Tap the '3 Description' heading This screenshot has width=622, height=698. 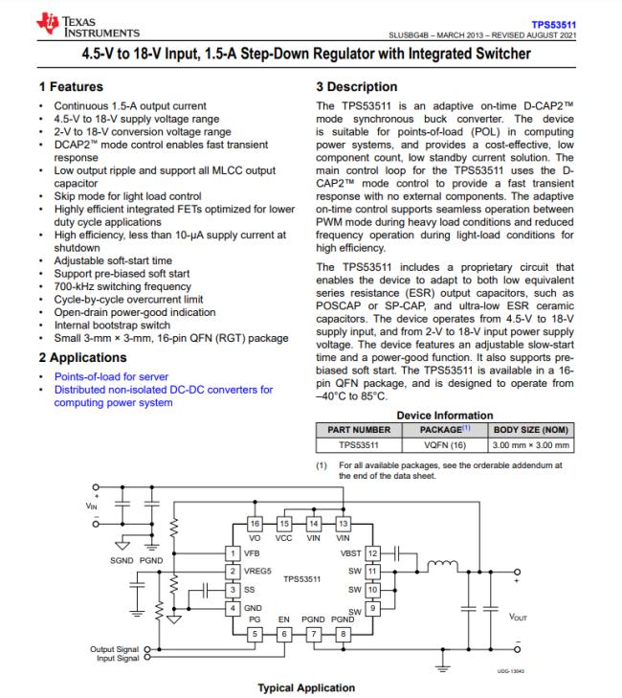coord(356,87)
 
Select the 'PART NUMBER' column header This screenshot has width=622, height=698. coord(351,430)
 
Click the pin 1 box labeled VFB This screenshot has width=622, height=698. coord(231,552)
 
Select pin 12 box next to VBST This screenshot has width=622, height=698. coord(374,552)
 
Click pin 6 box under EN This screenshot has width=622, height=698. coord(284,634)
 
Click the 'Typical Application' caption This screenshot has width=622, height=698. coord(307,687)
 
